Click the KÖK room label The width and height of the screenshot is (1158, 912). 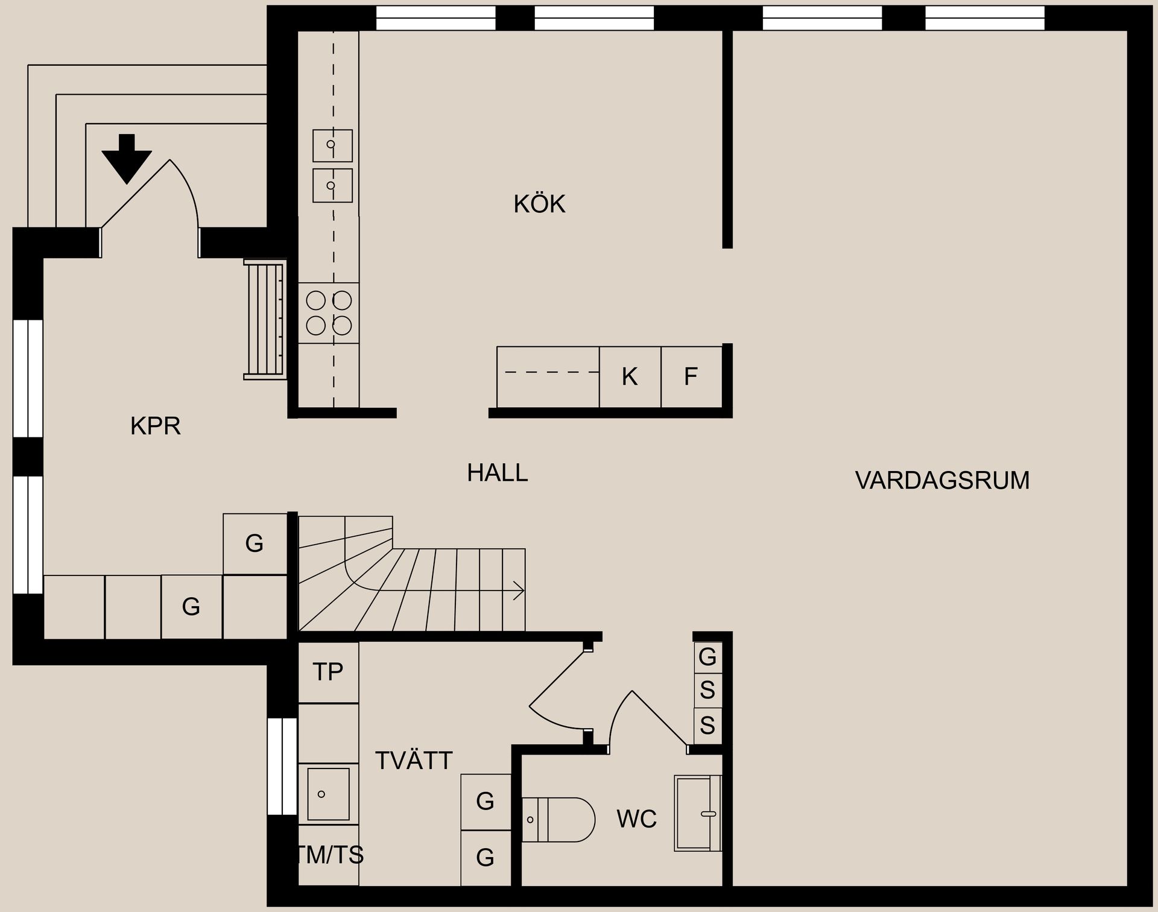(539, 204)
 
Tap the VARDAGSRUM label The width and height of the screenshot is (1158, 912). (942, 480)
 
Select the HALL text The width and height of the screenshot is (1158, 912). (497, 472)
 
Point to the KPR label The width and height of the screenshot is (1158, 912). (155, 426)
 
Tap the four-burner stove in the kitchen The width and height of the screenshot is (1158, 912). (329, 312)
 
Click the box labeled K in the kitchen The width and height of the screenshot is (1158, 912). (630, 377)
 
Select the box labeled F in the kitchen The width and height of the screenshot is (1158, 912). (691, 377)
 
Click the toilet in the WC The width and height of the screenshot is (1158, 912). (558, 819)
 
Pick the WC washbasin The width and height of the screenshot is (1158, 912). (697, 813)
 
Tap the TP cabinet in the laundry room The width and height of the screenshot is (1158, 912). (328, 671)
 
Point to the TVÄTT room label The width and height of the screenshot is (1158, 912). (414, 761)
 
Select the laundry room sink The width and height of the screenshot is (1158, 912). (328, 794)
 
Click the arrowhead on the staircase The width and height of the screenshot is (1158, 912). (519, 590)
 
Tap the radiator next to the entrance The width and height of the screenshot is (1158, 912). (264, 319)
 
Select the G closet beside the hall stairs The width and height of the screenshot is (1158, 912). (255, 544)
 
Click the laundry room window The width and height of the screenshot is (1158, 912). (282, 766)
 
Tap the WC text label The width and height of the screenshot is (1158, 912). (636, 819)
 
